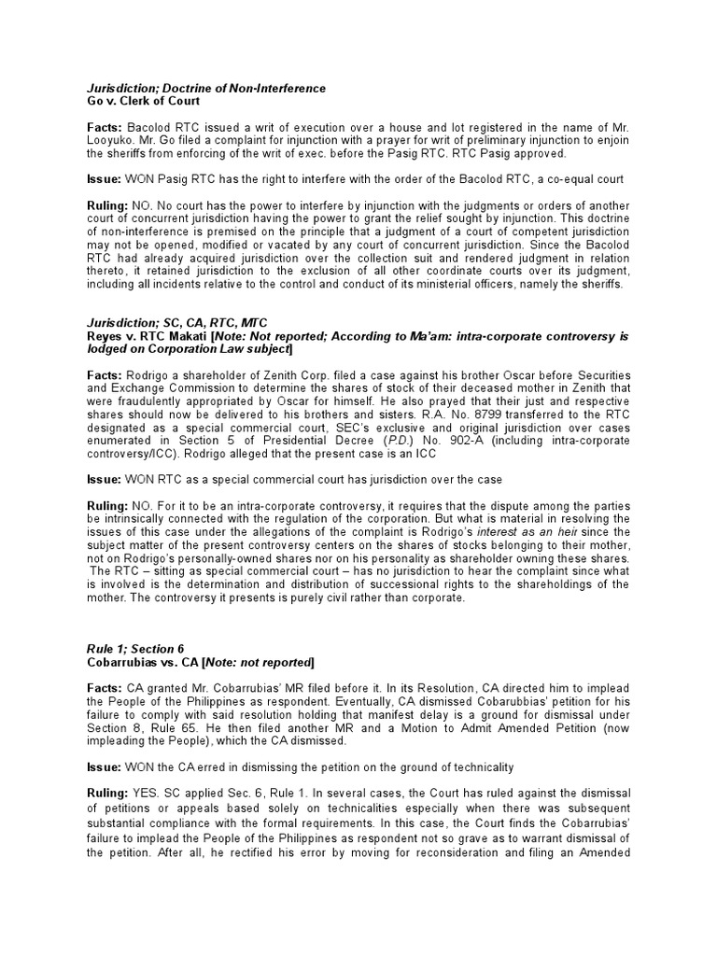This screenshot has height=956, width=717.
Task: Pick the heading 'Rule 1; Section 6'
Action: coord(131,649)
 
